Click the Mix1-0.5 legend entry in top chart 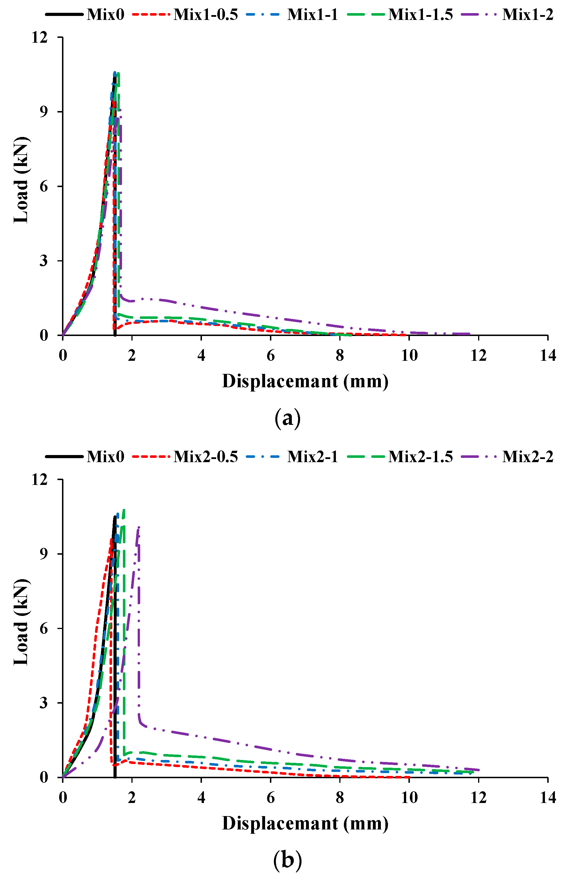[x=205, y=15]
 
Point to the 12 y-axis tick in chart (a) [x=40, y=37]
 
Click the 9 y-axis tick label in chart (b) [x=44, y=554]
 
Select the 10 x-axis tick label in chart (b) [x=409, y=798]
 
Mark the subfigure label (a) [x=288, y=418]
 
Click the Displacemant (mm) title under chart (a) [x=305, y=381]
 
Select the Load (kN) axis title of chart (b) [x=21, y=622]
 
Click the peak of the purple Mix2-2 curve [x=139, y=527]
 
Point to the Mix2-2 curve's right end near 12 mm [x=478, y=770]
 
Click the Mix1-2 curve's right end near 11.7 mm [x=469, y=334]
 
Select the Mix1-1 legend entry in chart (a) [x=312, y=15]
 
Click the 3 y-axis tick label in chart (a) [x=44, y=261]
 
